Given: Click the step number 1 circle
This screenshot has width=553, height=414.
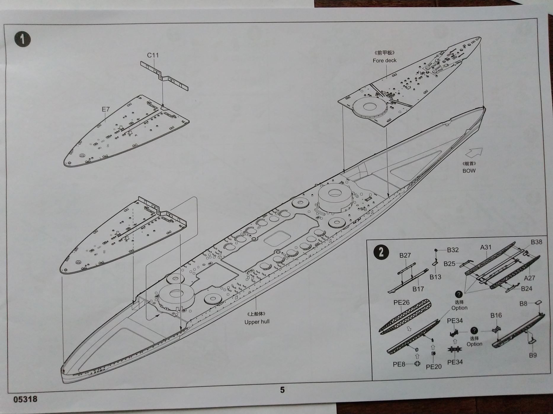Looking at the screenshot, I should click(x=23, y=39).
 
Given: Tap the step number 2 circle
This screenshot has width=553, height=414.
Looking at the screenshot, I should click(x=381, y=252).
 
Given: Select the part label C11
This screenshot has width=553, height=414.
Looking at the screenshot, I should click(x=153, y=55).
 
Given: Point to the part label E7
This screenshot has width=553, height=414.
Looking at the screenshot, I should click(x=106, y=109).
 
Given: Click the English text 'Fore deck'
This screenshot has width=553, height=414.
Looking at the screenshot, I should click(x=384, y=60).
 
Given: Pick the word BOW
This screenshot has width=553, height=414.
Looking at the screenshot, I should click(x=469, y=171).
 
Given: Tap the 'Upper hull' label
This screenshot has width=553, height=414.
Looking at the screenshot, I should click(x=257, y=322).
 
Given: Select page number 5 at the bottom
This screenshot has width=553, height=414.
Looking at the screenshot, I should click(x=282, y=390).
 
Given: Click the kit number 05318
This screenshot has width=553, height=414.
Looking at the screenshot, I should click(x=25, y=399).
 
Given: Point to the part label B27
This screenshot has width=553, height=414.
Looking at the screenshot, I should click(x=405, y=255).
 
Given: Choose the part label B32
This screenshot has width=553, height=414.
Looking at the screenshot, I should click(x=453, y=250).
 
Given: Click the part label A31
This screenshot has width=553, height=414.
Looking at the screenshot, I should click(x=486, y=247).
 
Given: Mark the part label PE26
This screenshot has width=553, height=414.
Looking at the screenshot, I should click(x=401, y=302).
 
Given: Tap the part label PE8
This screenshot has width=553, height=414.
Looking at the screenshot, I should click(x=399, y=364).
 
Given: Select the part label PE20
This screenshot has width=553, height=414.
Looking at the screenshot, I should click(x=434, y=367).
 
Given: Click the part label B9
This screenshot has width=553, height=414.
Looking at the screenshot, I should click(x=533, y=355).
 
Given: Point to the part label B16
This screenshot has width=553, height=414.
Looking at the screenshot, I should click(x=496, y=315).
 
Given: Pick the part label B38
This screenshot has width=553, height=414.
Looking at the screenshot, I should click(x=536, y=242).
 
